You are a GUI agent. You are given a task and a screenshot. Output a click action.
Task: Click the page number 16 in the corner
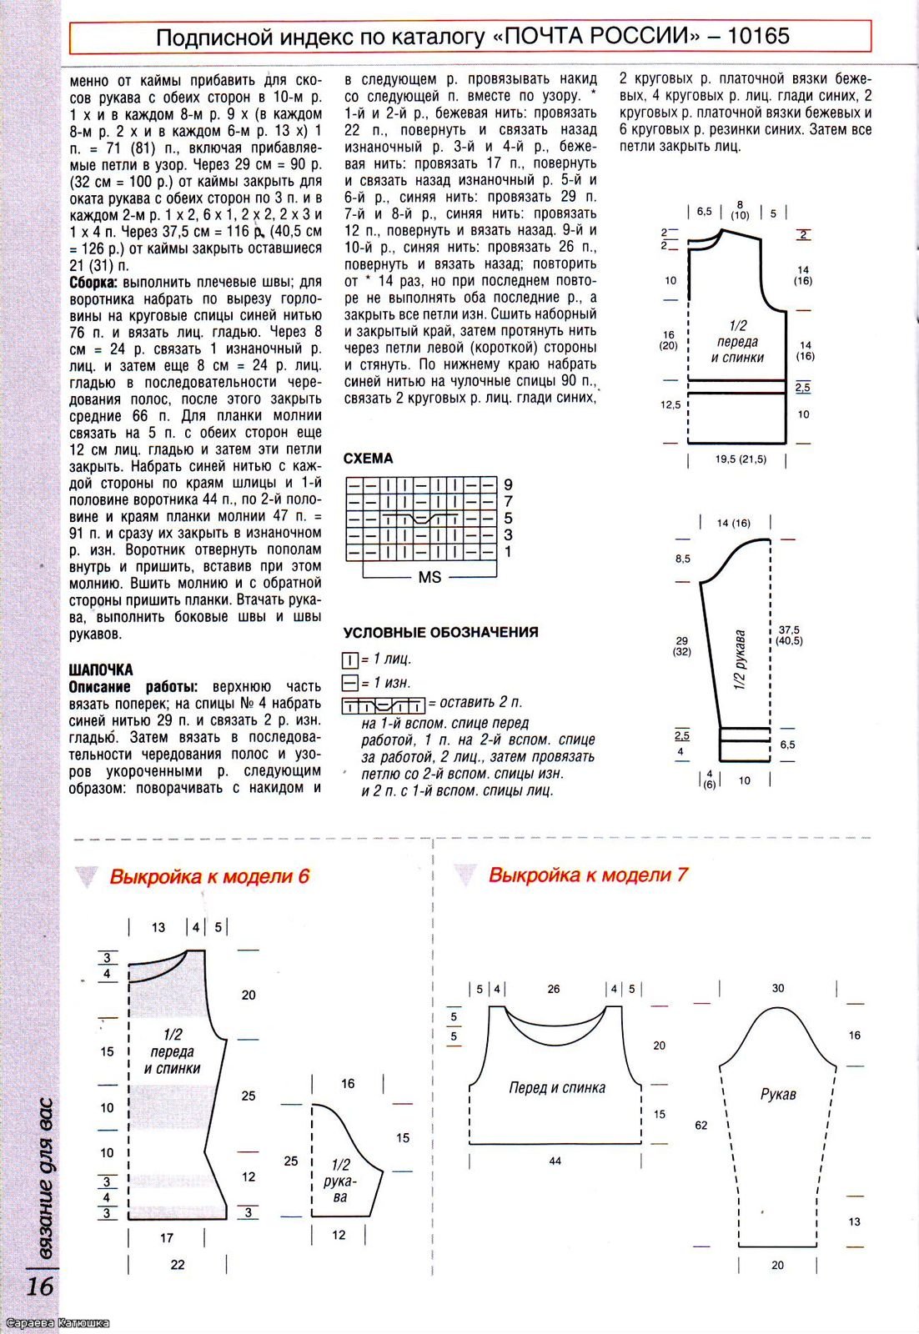(39, 1285)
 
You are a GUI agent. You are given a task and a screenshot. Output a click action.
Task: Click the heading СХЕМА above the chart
(368, 459)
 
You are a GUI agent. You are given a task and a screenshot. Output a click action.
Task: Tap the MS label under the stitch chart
(429, 577)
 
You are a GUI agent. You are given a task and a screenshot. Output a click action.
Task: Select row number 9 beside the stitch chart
(508, 484)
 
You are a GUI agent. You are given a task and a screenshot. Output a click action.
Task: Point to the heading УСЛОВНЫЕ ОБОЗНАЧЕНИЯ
(440, 632)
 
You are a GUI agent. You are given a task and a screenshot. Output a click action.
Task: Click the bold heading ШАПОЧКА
(101, 670)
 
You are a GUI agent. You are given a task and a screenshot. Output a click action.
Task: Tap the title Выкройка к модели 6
(209, 876)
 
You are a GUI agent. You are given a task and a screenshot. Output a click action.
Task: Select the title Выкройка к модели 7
(588, 875)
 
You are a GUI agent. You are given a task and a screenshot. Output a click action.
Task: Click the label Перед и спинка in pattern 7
(557, 1087)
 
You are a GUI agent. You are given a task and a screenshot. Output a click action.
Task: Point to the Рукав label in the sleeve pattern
(778, 1094)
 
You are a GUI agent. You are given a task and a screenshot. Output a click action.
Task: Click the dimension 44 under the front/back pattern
(555, 1161)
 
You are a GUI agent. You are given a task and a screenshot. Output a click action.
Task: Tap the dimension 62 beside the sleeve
(701, 1125)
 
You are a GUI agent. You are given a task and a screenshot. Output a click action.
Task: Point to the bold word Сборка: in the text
(93, 283)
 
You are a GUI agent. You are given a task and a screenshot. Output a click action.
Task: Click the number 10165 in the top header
(758, 37)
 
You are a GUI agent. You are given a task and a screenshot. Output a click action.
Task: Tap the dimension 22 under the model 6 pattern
(178, 1264)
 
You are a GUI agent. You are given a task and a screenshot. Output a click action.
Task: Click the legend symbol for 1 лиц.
(350, 659)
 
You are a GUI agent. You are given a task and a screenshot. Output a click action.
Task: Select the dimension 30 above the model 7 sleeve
(778, 988)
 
